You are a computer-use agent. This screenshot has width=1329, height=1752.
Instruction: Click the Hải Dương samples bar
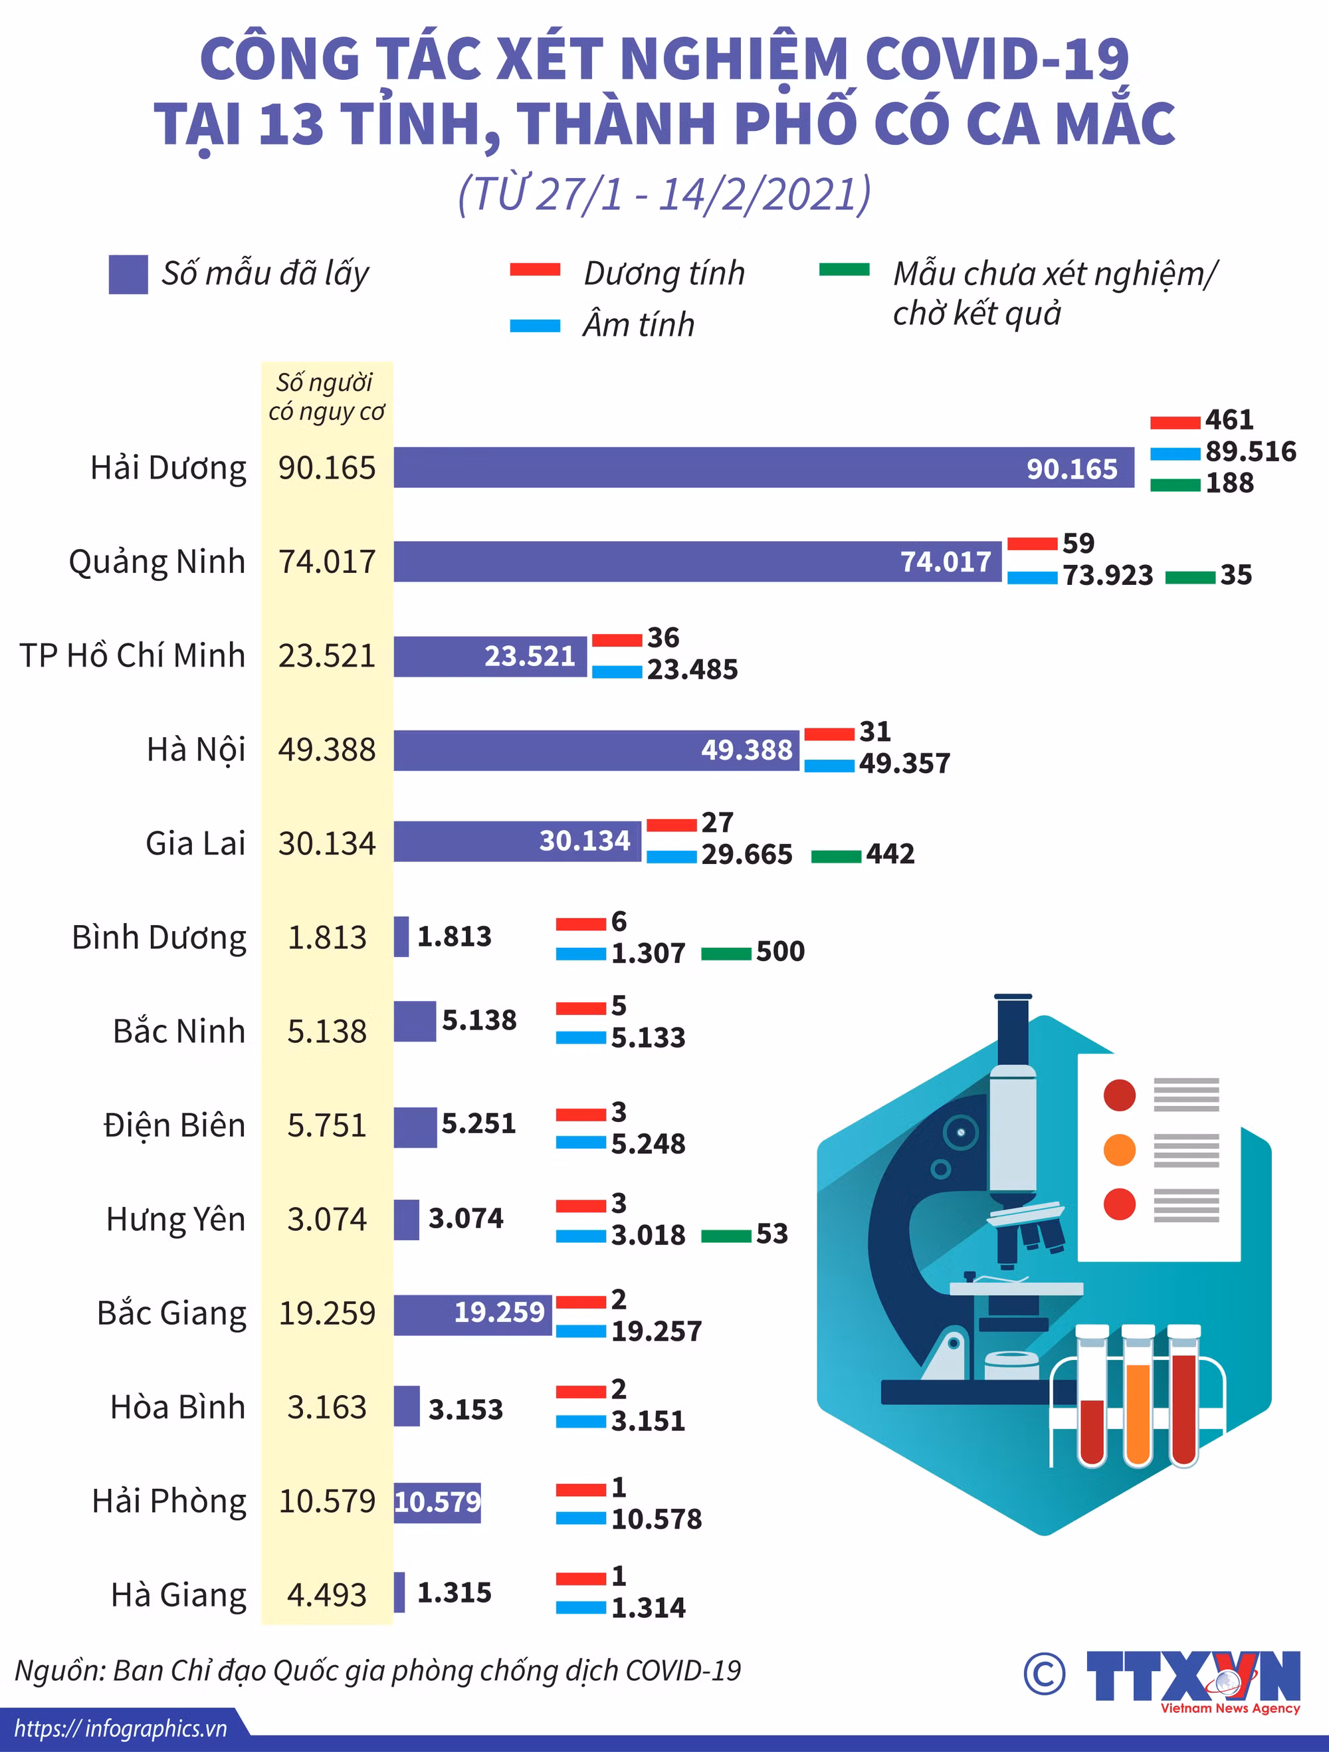click(764, 467)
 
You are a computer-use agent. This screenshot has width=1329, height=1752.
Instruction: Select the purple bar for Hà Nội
click(596, 749)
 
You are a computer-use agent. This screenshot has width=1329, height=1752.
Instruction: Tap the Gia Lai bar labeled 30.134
click(517, 841)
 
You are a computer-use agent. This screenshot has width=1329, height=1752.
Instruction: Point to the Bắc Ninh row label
click(179, 1030)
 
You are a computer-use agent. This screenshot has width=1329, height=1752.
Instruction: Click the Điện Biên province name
click(174, 1125)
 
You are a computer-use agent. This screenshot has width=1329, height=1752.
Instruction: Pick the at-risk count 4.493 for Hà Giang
click(327, 1594)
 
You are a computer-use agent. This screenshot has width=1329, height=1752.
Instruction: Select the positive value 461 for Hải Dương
click(1229, 419)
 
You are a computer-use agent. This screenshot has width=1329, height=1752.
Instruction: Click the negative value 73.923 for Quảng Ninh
click(1107, 575)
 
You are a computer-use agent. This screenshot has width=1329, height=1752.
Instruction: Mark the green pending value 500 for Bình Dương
click(780, 950)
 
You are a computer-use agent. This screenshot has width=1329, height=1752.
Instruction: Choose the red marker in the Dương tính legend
click(536, 269)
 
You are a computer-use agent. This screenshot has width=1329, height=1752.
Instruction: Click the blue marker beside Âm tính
click(536, 326)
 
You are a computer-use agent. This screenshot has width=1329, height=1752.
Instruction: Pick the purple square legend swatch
click(128, 274)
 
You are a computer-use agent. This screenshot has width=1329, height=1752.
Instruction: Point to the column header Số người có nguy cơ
click(326, 397)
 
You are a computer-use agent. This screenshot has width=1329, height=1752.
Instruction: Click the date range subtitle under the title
click(664, 194)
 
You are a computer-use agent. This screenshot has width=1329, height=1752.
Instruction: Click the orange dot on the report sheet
click(1119, 1149)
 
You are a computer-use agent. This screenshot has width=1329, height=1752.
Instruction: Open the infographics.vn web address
click(120, 1728)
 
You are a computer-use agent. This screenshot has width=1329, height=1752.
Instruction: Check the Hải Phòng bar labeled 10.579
click(437, 1501)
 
